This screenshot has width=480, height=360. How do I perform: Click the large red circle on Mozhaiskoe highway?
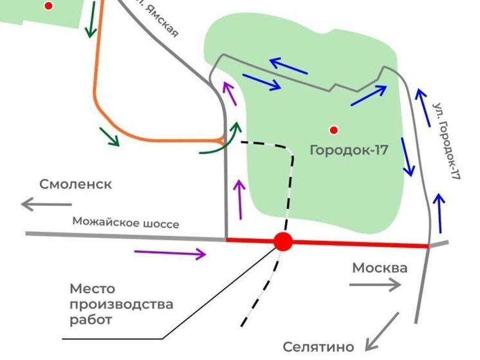[283, 242]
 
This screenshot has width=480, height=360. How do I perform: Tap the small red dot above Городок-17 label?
[333, 130]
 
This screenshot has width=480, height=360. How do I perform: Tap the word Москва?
[380, 268]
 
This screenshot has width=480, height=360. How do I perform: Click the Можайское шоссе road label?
[125, 223]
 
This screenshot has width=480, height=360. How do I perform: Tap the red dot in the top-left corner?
[48, 6]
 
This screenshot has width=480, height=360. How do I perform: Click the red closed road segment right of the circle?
[360, 244]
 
